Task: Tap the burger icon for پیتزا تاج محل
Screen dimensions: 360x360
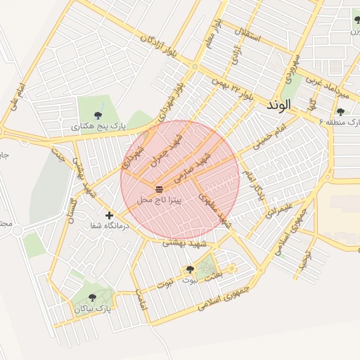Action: [160, 189]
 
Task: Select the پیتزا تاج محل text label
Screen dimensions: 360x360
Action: [160, 201]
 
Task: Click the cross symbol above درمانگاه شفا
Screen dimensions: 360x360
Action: [109, 215]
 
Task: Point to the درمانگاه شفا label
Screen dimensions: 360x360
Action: [107, 226]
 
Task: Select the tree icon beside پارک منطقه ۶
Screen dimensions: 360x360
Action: [340, 111]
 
